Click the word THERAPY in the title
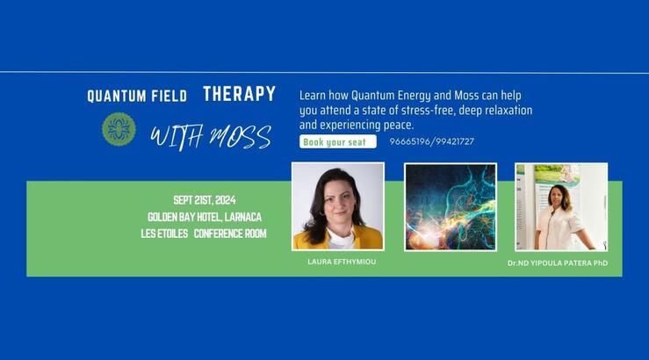point(239,94)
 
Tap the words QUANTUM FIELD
point(137,97)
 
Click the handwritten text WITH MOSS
point(210,137)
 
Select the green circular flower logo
point(119,129)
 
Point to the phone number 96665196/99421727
point(431,141)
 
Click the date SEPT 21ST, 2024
point(205,200)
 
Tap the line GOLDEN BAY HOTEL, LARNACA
point(205,217)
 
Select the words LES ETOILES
point(164,234)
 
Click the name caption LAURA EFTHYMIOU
point(342,262)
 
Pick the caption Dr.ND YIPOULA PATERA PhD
point(557,263)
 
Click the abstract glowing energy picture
point(450,206)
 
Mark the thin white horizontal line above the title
point(324,72)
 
